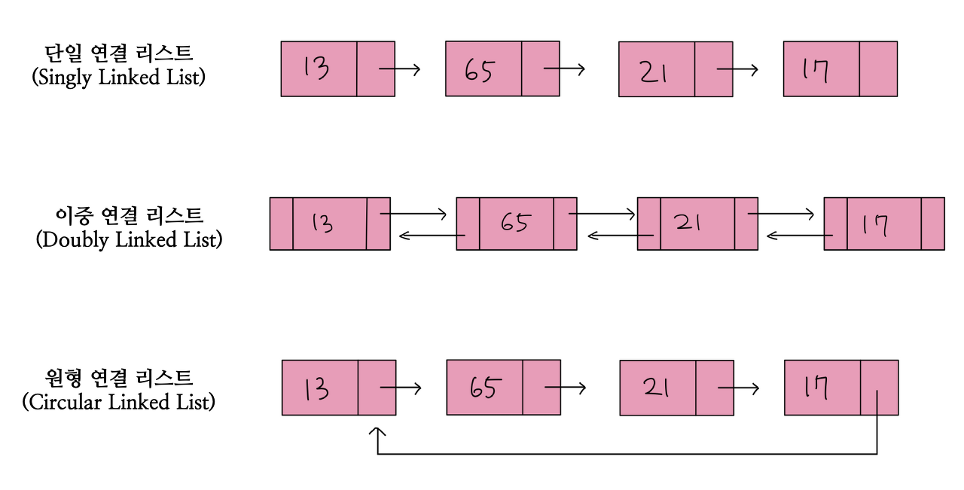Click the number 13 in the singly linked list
316,68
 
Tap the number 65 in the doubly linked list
514,223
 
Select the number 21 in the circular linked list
657,387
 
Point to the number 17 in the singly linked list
816,70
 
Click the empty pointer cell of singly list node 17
877,68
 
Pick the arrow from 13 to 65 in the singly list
399,69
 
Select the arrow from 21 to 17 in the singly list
737,69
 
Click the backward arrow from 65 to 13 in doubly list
432,236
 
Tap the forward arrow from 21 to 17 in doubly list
781,214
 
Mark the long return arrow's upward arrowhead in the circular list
377,434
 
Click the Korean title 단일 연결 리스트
118,53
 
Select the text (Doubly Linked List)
129,240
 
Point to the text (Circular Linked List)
118,402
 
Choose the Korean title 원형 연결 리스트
118,377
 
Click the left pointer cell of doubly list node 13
281,224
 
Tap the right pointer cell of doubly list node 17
932,224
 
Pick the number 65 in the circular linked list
483,388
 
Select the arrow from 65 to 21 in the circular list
565,388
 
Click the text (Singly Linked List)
118,78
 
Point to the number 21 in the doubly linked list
688,223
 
